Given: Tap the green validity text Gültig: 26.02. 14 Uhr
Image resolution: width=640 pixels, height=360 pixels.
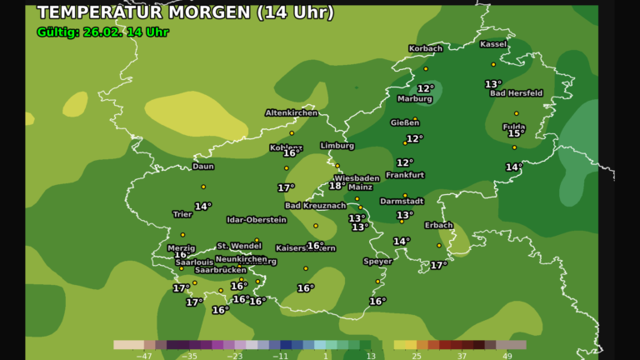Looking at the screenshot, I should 103,32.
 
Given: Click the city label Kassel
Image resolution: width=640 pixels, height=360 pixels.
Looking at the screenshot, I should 493,44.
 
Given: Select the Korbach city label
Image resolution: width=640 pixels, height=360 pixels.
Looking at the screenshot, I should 425,48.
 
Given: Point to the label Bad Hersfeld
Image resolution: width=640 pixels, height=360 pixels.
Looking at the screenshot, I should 516,93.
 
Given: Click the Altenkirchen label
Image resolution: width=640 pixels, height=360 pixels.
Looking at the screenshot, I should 291,112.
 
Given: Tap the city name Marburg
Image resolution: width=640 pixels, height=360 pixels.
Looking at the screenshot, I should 414,99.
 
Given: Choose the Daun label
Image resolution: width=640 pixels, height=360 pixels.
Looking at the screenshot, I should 202,167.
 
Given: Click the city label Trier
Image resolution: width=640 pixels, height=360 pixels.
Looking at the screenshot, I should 182,214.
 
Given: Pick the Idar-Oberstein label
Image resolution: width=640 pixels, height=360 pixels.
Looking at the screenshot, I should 257,220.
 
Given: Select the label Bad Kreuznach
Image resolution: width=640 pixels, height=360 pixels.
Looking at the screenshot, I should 315,206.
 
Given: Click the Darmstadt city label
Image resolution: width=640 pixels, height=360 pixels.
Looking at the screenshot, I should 402,201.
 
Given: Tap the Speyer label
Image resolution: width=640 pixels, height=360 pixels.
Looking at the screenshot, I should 377,262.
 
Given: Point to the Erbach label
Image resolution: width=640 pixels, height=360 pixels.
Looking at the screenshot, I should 438,225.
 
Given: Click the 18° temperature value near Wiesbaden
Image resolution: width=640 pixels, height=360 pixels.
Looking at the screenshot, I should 337,186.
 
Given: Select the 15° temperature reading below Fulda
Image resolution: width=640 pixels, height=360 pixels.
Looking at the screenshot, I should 516,133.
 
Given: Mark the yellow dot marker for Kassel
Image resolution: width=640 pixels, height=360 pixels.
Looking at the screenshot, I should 492,64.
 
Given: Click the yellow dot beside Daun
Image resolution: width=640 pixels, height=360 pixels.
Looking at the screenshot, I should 202,187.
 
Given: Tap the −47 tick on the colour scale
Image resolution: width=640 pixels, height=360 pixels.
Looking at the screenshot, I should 143,355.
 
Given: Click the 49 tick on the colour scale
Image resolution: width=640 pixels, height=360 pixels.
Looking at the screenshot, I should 507,355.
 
